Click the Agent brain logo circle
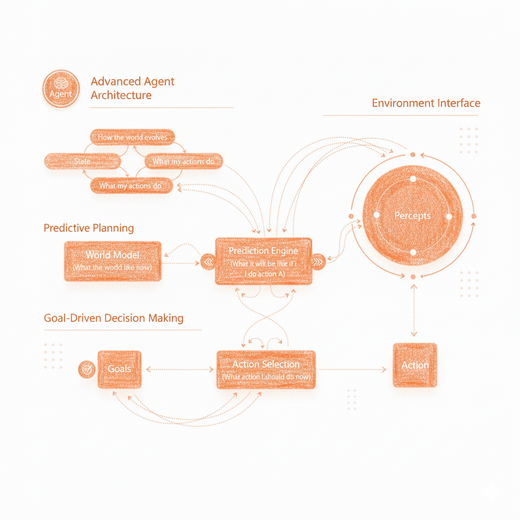pos(61,89)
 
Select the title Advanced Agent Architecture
pos(133,88)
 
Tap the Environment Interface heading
pos(426,103)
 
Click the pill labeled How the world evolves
pos(132,137)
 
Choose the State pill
pos(83,161)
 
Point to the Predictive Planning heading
pos(89,227)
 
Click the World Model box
pos(113,261)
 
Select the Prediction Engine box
pos(264,261)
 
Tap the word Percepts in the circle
pos(412,216)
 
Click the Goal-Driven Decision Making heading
pos(114,318)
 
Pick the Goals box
pos(120,369)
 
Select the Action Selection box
pos(266,369)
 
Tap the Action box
pos(415,365)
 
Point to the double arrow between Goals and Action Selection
pos(180,369)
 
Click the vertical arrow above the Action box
pos(413,310)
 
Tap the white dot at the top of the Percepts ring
pos(413,179)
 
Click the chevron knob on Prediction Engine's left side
pos(208,262)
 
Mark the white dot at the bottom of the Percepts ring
pos(413,252)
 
